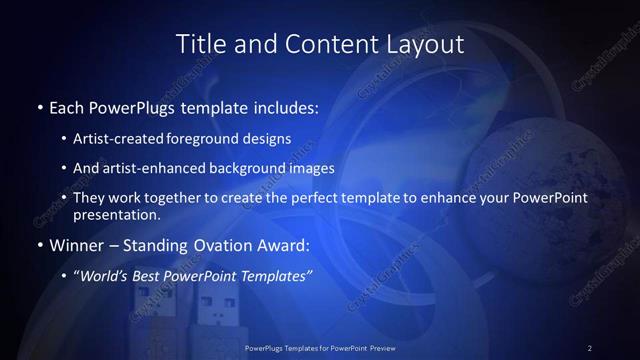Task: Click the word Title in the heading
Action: (200, 44)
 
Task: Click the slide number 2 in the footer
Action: (589, 347)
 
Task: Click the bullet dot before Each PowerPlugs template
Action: (39, 106)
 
